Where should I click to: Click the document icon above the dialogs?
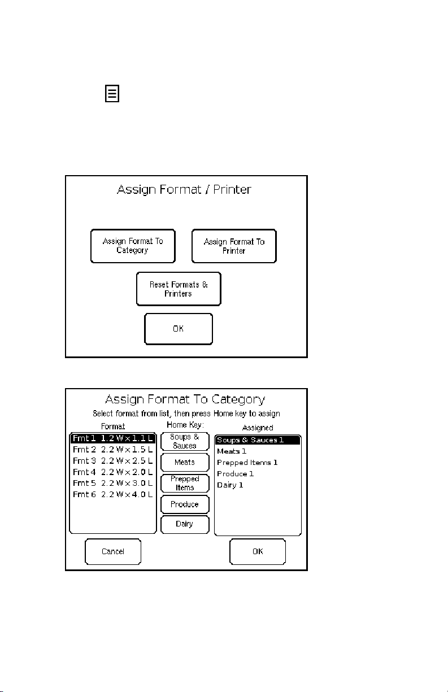click(112, 94)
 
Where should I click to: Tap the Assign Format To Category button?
click(133, 246)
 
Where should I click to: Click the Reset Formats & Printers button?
click(179, 289)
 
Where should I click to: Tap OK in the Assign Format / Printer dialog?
click(179, 329)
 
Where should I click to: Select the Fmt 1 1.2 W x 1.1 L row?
click(113, 438)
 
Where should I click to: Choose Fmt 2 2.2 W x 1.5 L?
click(113, 450)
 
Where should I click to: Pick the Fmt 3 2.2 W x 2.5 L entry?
click(113, 460)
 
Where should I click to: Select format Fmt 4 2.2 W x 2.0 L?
click(113, 472)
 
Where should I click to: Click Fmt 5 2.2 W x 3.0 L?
click(113, 483)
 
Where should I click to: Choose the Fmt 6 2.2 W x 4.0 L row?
click(113, 494)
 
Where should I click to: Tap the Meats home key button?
click(185, 462)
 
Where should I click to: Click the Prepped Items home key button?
click(185, 483)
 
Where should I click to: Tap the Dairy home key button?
click(185, 525)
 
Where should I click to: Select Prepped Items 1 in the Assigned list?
click(247, 463)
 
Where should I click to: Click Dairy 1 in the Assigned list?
click(230, 485)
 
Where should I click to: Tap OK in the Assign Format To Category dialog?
click(258, 551)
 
